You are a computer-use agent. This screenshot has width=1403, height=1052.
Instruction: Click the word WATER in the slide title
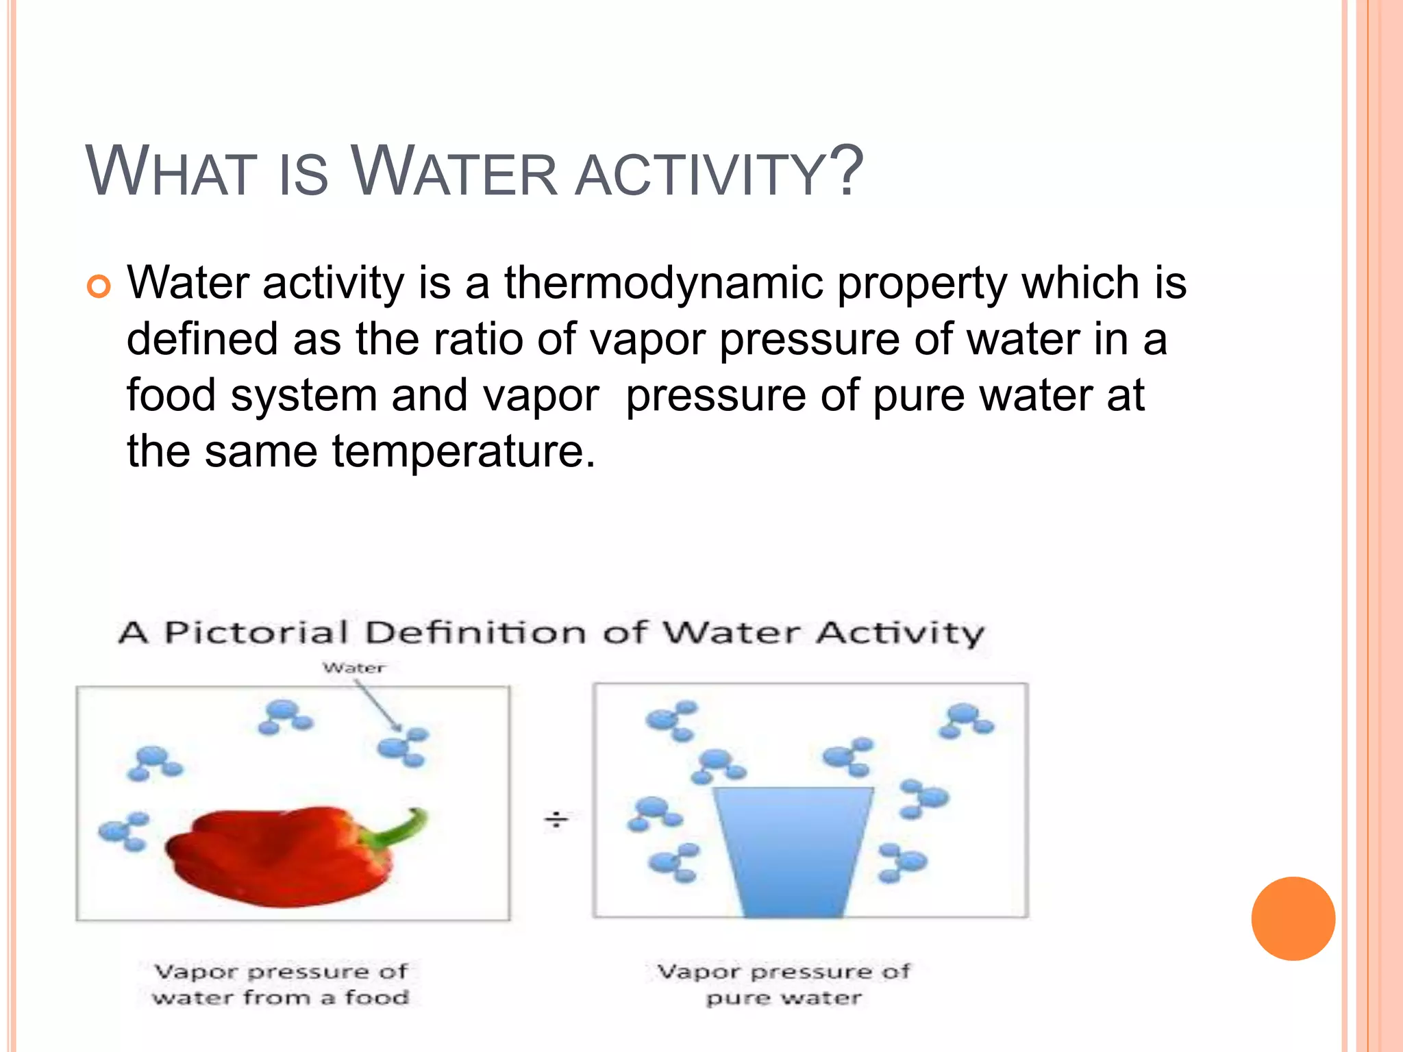454,173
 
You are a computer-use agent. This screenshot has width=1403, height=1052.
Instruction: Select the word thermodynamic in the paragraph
663,282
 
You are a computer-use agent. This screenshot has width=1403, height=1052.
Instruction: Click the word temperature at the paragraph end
463,451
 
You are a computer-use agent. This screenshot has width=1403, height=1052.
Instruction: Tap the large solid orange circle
1293,918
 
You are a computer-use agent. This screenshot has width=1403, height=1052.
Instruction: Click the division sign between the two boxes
556,819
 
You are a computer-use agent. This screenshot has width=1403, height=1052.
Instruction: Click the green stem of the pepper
397,829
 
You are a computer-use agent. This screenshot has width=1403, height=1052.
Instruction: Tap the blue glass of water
793,849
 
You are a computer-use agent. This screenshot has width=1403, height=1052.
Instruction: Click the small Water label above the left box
353,668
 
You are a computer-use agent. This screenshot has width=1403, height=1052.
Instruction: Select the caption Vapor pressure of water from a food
281,984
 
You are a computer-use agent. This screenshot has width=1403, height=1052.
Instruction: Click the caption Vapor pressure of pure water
784,984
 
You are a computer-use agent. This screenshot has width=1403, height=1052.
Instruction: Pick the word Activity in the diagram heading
900,632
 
